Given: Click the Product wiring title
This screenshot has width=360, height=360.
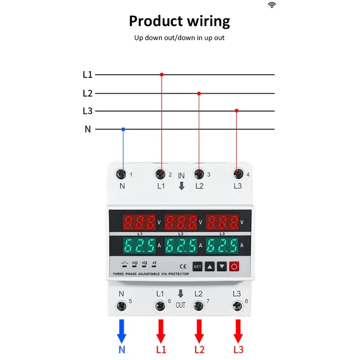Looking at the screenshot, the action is [180, 21].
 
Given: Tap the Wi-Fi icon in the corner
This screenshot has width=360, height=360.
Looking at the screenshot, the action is [272, 5].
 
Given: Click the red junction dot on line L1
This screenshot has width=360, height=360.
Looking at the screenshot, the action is [162, 74].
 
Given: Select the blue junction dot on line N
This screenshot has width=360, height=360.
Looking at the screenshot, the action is [123, 129].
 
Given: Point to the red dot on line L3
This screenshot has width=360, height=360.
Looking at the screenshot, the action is [236, 111].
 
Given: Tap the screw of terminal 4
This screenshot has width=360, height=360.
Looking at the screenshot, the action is [237, 174].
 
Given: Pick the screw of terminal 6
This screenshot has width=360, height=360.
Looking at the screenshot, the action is [160, 306].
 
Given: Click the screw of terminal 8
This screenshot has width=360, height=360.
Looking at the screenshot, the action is [237, 306].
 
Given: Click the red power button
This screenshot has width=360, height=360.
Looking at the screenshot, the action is [234, 266].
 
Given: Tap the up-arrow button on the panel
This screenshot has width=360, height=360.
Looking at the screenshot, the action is [210, 266].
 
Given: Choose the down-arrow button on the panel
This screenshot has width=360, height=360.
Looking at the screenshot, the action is [222, 266].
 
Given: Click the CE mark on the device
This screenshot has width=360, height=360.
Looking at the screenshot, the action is [183, 266].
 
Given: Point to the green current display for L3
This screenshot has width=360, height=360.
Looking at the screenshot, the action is [222, 246].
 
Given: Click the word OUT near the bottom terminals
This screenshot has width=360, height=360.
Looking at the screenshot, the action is [180, 305].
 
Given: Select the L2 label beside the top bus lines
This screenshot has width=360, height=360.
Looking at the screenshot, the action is [87, 94].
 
